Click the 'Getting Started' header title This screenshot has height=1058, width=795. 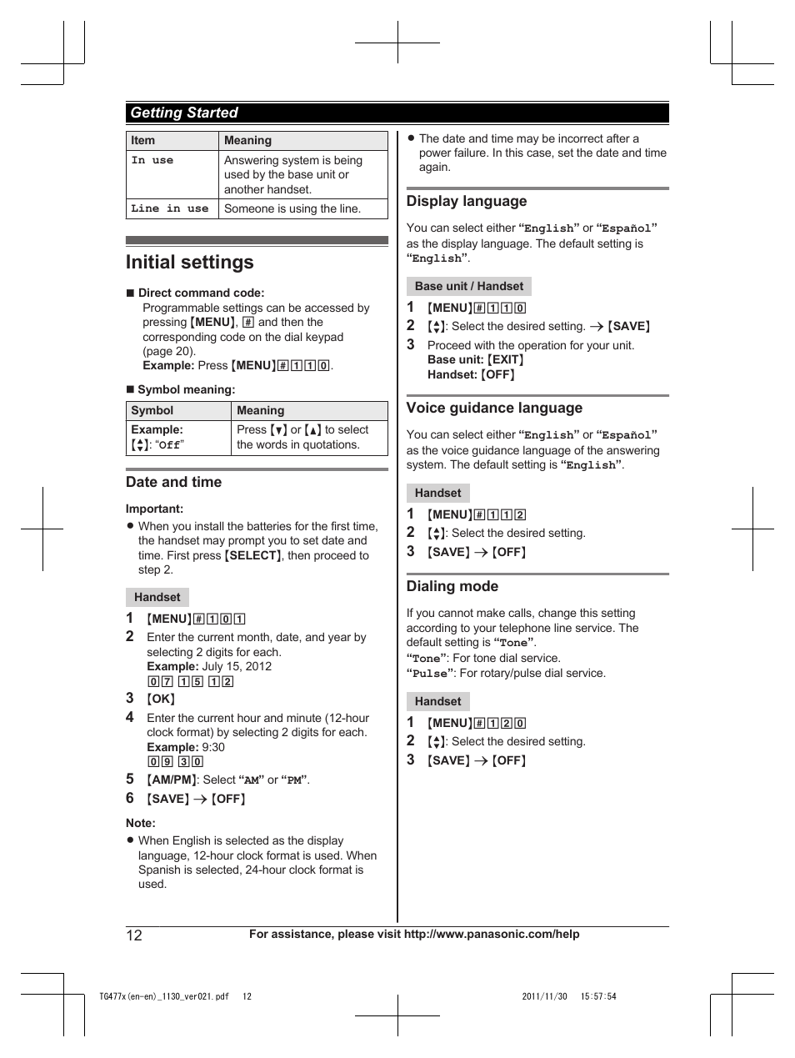click(183, 113)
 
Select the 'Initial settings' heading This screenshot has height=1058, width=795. click(190, 262)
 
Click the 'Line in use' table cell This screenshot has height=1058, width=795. click(170, 208)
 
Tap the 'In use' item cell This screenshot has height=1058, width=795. click(152, 160)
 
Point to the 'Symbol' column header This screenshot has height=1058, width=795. click(152, 410)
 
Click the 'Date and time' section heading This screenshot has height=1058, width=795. click(173, 482)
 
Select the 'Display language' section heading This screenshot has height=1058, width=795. click(467, 201)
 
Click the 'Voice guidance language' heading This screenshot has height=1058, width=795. click(494, 408)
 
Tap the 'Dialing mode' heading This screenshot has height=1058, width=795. click(452, 586)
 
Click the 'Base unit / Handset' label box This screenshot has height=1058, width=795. click(469, 286)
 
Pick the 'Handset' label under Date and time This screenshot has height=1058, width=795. click(157, 597)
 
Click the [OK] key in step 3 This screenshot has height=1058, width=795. click(161, 699)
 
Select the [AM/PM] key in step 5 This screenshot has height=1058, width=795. click(172, 780)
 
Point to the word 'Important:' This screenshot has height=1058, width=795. click(155, 509)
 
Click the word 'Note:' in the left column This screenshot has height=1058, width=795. click(141, 823)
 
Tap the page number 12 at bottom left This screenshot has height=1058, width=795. click(134, 935)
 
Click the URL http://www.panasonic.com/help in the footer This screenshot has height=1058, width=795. click(492, 934)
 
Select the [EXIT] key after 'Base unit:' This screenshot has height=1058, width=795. click(506, 359)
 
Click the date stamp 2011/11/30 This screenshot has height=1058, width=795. click(544, 996)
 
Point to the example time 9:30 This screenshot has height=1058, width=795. click(213, 747)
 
